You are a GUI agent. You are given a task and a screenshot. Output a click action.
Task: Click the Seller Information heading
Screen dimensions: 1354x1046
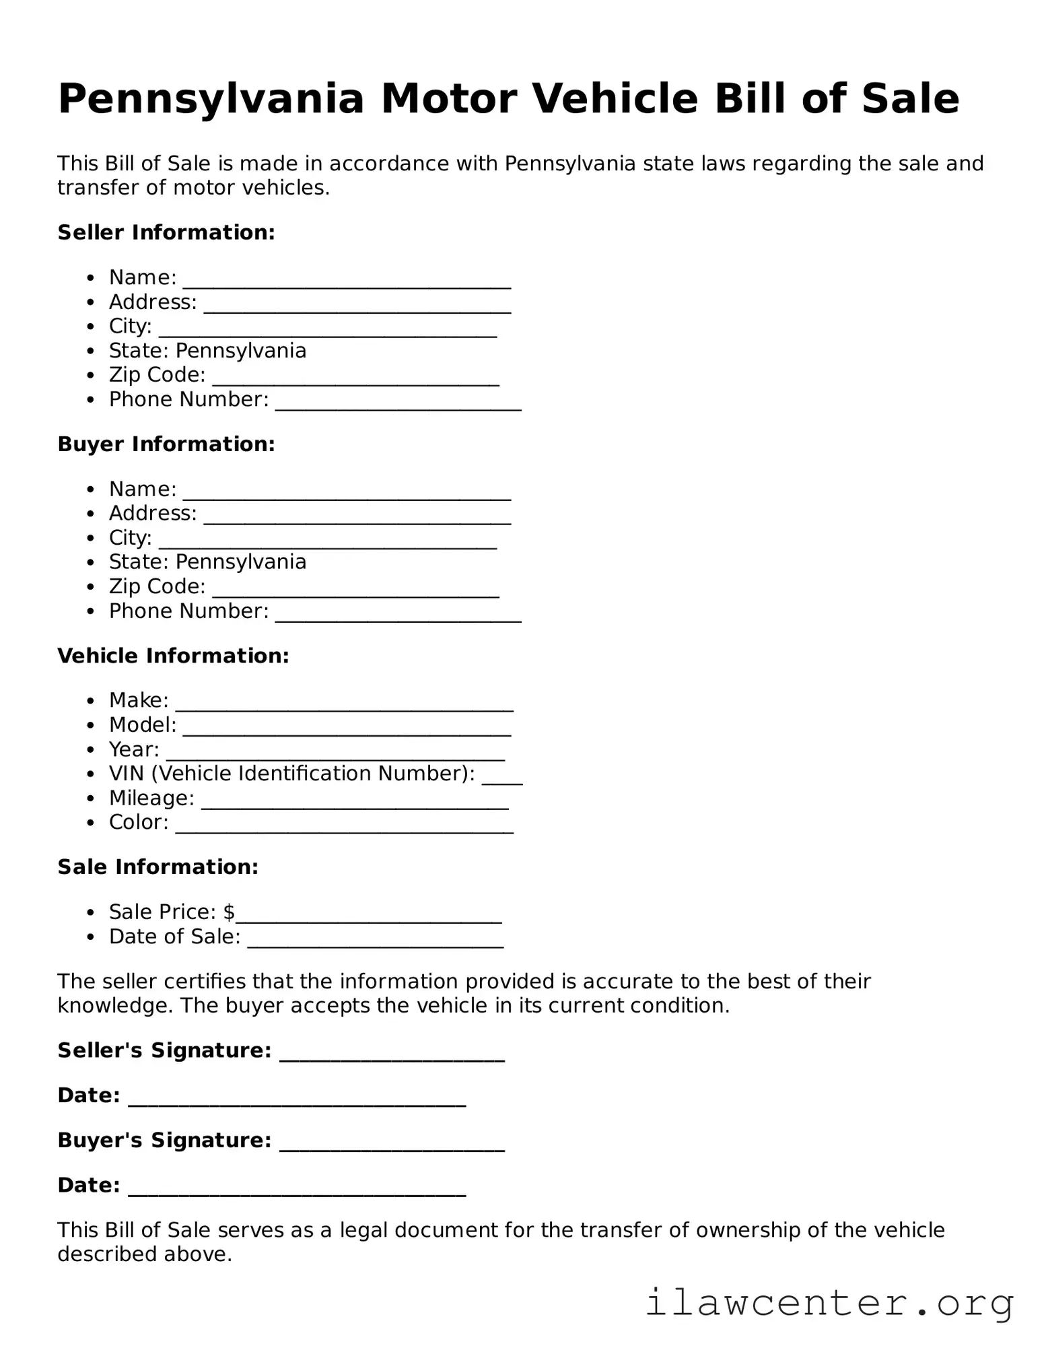coord(166,232)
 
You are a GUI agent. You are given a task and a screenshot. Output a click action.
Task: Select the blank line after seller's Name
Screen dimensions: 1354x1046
coord(347,284)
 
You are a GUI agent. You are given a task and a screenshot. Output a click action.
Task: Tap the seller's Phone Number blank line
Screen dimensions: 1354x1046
coord(398,406)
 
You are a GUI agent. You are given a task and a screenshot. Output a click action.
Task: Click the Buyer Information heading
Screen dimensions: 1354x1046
coord(166,444)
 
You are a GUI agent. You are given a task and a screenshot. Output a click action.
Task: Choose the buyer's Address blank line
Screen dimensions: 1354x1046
coord(357,520)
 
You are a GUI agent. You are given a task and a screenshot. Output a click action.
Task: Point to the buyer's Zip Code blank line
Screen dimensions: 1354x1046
coord(355,593)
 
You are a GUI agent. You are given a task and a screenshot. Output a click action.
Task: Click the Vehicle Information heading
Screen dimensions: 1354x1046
coord(173,656)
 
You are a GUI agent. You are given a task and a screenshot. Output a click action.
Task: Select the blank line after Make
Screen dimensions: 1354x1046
coord(344,707)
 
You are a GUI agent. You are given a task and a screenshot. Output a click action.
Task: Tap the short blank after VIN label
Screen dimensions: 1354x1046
coord(502,780)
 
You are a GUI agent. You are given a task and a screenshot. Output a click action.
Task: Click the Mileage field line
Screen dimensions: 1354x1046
coord(355,805)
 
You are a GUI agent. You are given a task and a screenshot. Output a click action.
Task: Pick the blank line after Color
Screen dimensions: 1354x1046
coord(344,830)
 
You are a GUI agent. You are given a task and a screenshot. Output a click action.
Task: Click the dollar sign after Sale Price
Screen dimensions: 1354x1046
coord(229,912)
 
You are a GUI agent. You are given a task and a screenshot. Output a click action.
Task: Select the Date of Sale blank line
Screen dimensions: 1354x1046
coord(375,944)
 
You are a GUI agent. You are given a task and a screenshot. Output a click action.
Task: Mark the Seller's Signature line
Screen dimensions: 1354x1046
coord(392,1057)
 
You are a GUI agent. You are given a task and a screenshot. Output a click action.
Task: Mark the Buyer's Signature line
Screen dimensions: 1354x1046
coord(392,1147)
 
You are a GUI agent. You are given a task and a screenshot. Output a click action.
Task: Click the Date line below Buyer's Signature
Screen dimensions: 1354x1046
coord(296,1192)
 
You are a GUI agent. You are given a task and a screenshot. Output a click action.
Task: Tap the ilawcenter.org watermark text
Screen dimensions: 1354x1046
coord(829,1302)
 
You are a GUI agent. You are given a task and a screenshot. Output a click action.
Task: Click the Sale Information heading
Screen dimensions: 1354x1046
coord(158,867)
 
